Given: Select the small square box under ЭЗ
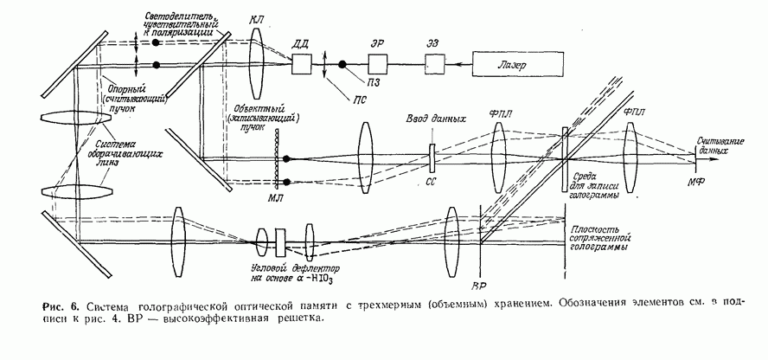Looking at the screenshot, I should pyautogui.click(x=435, y=65).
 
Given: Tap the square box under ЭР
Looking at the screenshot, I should pyautogui.click(x=377, y=65).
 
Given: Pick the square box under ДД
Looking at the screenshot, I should pyautogui.click(x=303, y=65).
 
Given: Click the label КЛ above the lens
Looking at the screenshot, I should pyautogui.click(x=256, y=18).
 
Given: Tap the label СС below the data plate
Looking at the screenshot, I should pyautogui.click(x=432, y=183).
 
